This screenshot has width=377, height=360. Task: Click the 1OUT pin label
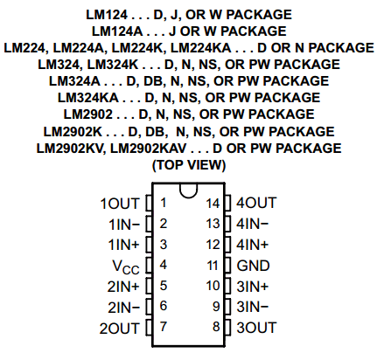point(119,204)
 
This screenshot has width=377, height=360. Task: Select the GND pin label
point(253,266)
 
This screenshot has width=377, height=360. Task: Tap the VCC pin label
point(126,267)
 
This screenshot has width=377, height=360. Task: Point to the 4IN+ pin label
point(252,245)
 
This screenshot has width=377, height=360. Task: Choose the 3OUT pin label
point(256,328)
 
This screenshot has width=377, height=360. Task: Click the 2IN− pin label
point(123,308)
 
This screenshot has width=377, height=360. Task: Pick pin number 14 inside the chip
point(213,204)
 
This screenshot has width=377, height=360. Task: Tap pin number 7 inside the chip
point(164,327)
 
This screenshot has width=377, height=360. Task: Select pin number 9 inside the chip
point(216,306)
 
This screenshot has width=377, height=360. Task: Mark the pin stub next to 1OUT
point(149,204)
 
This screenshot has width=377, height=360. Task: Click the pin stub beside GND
point(227,266)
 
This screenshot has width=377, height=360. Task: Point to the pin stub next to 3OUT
point(227,328)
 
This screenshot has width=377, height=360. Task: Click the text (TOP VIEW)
point(189,165)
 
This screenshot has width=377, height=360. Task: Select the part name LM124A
point(117,31)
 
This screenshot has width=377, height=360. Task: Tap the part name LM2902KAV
point(148,149)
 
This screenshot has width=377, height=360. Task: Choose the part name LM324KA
point(88,98)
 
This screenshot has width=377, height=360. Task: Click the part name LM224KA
point(200,48)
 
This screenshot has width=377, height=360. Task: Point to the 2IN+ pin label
point(123,287)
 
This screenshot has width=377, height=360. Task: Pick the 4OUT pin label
point(256,203)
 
